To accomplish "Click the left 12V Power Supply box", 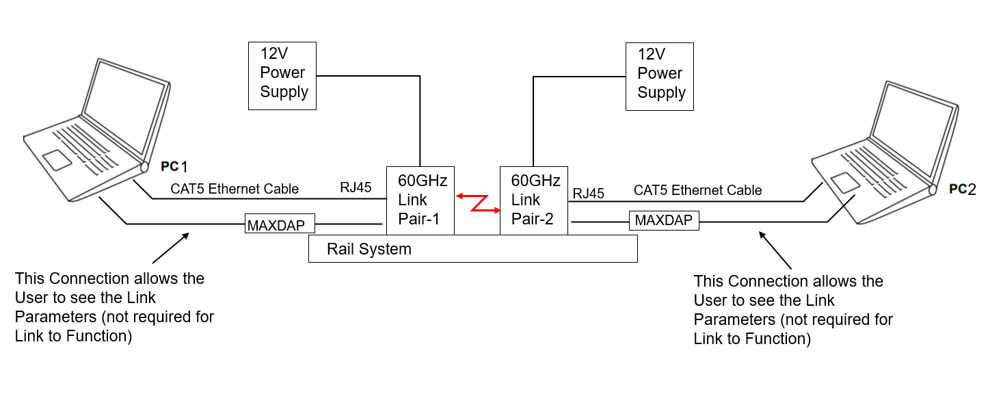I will click(x=282, y=75).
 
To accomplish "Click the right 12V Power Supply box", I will click(x=660, y=76).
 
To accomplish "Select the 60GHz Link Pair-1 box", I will click(x=420, y=200).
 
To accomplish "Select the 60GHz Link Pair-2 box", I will click(x=533, y=200).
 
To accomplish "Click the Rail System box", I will click(x=472, y=249).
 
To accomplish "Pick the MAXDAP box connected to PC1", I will click(x=280, y=224).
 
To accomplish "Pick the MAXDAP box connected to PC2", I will click(x=664, y=220).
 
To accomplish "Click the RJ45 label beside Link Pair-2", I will click(x=588, y=194).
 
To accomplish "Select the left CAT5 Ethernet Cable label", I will click(x=235, y=189).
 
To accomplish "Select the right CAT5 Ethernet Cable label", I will click(x=697, y=190).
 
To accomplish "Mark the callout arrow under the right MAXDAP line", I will click(x=775, y=250).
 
